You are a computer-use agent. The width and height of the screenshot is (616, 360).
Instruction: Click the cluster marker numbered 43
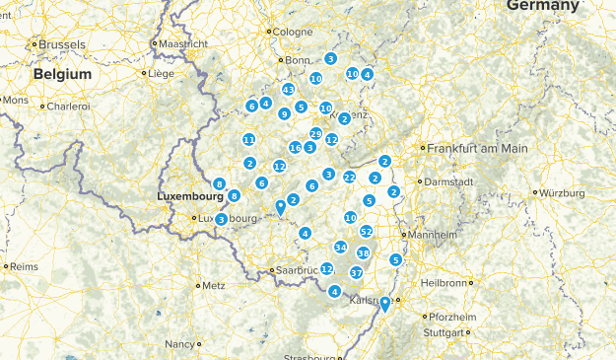(288, 89)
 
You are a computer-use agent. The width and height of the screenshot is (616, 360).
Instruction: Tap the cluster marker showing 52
(367, 232)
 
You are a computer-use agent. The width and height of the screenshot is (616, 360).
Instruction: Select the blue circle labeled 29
(315, 134)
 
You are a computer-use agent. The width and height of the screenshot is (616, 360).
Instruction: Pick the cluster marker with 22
(349, 177)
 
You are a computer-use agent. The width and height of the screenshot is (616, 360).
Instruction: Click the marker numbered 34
(340, 248)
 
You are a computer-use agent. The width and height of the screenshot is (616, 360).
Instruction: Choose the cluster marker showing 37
(357, 272)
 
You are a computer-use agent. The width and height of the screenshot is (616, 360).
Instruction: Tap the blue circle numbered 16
(295, 148)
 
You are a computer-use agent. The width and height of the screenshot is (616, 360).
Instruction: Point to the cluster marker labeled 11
(249, 139)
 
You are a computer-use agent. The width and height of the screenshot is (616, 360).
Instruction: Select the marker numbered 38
(363, 253)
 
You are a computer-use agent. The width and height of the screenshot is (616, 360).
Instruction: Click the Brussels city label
(62, 44)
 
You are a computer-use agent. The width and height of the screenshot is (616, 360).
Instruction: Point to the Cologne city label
(292, 32)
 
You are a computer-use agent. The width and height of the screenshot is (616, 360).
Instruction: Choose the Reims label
(23, 266)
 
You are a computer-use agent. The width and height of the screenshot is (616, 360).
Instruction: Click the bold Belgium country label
(62, 74)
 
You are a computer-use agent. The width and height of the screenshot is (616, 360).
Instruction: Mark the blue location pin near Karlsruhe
(385, 305)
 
